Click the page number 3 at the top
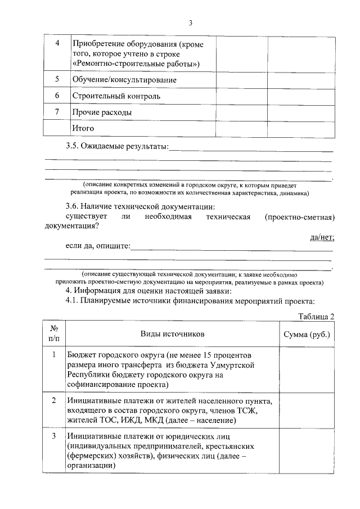(x=190, y=23)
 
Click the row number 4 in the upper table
(x=57, y=44)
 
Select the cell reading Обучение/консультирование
(x=124, y=80)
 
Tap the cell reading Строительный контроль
(x=116, y=96)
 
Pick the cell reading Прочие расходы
(x=102, y=112)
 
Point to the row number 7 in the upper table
(x=57, y=112)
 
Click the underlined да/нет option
(x=322, y=237)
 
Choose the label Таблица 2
(x=316, y=316)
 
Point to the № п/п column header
(x=54, y=334)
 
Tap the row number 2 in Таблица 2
(x=54, y=400)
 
